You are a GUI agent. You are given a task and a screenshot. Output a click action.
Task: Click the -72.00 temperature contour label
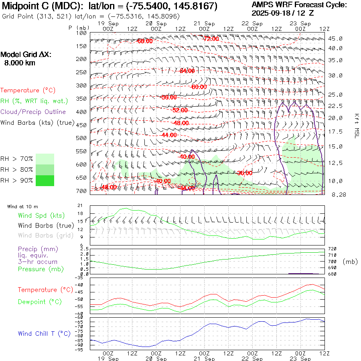pyautogui.click(x=211, y=39)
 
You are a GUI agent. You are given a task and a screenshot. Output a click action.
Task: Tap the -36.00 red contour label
pyautogui.click(x=244, y=173)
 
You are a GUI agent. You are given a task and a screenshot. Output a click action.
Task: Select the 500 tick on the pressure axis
pyautogui.click(x=81, y=138)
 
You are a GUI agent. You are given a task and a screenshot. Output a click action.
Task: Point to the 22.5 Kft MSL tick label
pyautogui.click(x=335, y=106)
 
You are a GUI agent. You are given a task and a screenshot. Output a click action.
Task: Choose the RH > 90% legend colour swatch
pyautogui.click(x=45, y=180)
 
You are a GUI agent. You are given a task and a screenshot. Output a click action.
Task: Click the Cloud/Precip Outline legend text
pyautogui.click(x=33, y=112)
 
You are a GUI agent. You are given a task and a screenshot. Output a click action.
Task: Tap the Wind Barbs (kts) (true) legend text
pyautogui.click(x=37, y=122)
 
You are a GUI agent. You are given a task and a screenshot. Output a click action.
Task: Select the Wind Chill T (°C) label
pyautogui.click(x=44, y=333)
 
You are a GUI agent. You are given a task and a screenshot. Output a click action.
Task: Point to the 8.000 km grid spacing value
pyautogui.click(x=20, y=63)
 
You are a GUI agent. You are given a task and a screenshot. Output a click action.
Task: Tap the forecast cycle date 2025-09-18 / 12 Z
pyautogui.click(x=283, y=13)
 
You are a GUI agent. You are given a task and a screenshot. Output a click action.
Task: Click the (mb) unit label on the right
pyautogui.click(x=350, y=262)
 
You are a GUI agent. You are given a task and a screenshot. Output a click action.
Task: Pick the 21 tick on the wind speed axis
pyautogui.click(x=80, y=205)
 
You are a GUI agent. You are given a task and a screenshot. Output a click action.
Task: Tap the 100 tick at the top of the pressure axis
pyautogui.click(x=81, y=33)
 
